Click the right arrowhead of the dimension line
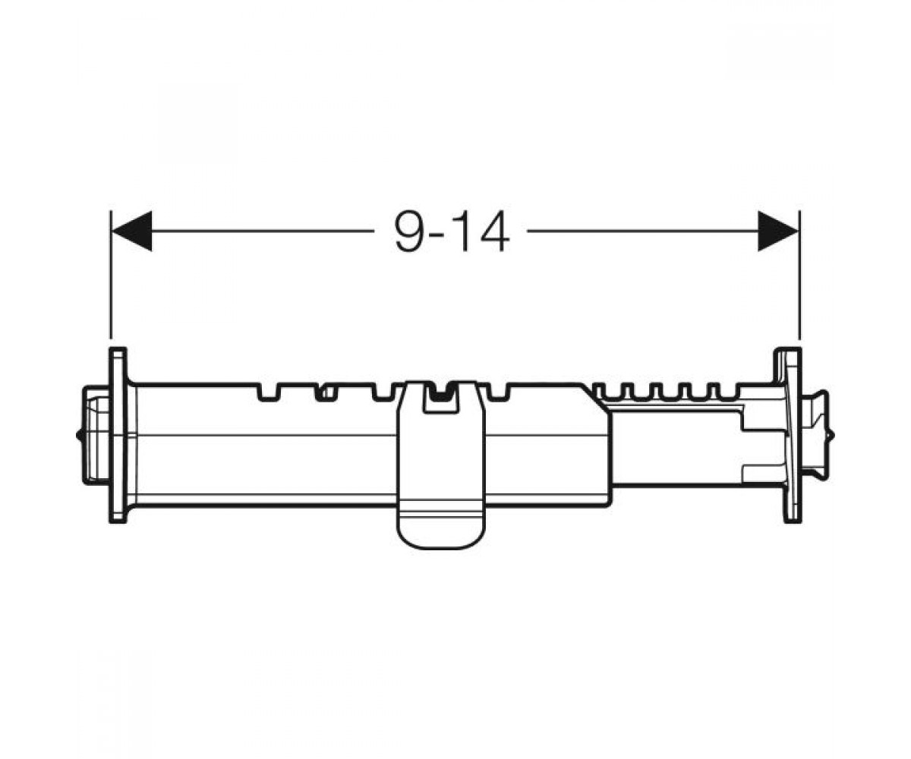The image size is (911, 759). pos(778,231)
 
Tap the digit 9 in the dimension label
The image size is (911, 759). pos(410,231)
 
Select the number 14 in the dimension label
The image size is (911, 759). pos(486,231)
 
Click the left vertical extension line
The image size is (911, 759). pos(111,274)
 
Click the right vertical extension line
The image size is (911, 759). pos(799,274)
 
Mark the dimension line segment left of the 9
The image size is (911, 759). pos(263,231)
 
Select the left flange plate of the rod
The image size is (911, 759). pos(118,435)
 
